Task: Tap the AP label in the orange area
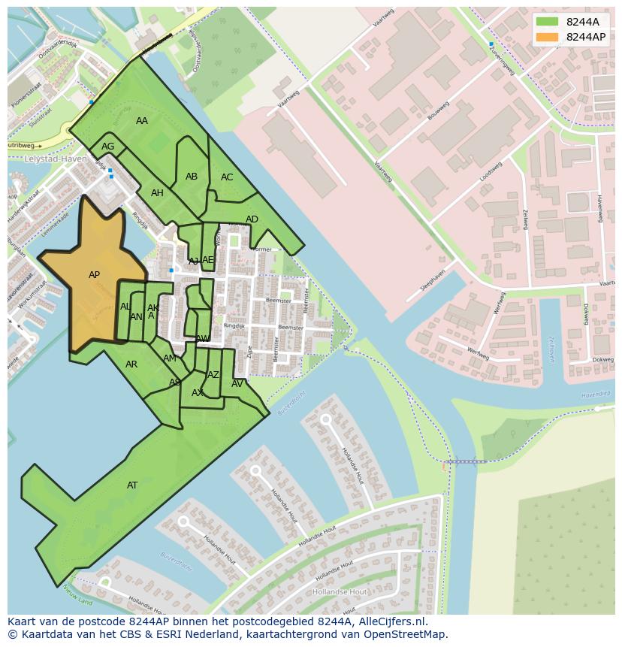coord(94,275)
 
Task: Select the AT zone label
coord(132,485)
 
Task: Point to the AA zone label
coord(142,121)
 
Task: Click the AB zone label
coord(192,177)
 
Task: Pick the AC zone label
coord(227,177)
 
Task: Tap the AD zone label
coord(252,219)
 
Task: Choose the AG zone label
coord(108,147)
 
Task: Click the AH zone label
coord(157,193)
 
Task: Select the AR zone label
coord(131,364)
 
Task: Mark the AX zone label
coord(198,393)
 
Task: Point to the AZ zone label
coord(213,375)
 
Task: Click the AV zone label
coord(237,384)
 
